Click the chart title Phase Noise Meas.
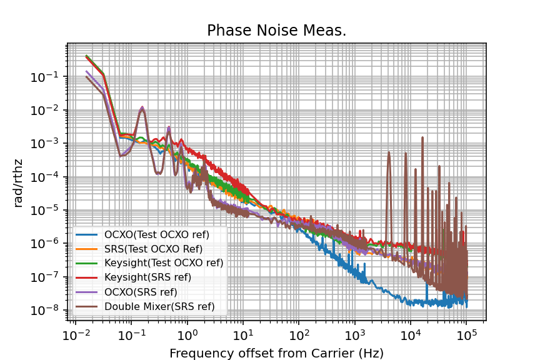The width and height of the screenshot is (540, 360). [x=276, y=31]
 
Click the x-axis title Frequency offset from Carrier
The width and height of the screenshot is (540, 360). [x=276, y=353]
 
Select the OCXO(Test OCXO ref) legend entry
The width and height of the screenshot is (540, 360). [x=157, y=234]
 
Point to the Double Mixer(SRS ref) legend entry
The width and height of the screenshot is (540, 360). [x=159, y=306]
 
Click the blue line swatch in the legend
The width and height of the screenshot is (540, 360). [x=87, y=234]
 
